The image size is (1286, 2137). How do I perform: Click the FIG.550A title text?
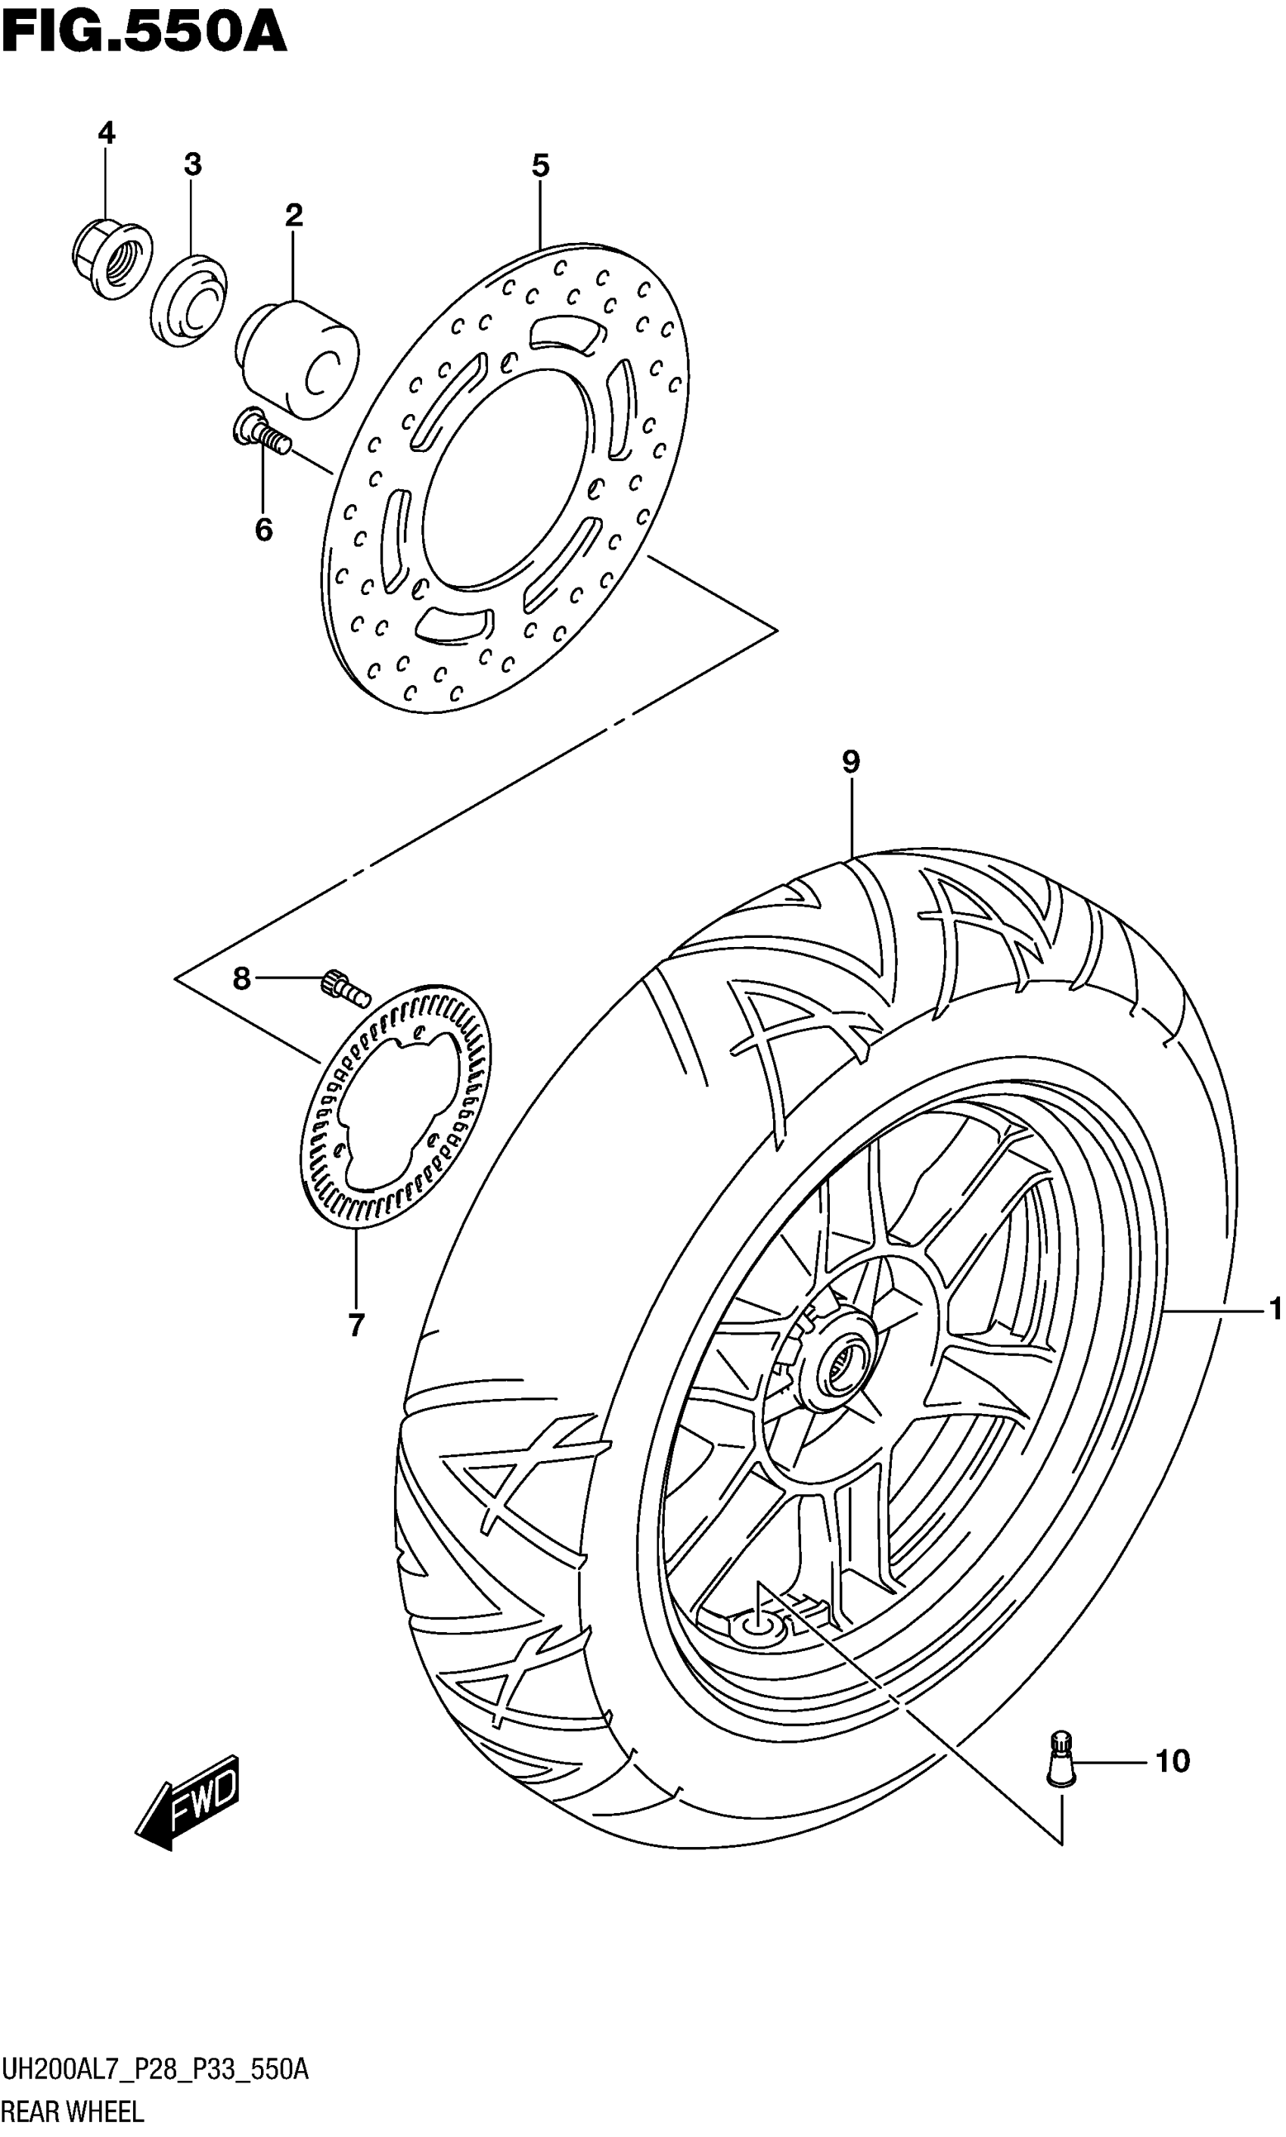click(x=144, y=35)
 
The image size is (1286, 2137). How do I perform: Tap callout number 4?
click(x=106, y=132)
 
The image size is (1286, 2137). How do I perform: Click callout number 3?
click(x=192, y=164)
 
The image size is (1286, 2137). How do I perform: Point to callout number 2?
click(x=294, y=215)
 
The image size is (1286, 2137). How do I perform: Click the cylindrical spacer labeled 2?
click(x=299, y=358)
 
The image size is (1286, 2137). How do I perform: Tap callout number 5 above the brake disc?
click(x=540, y=165)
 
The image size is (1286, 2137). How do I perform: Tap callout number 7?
click(x=356, y=1325)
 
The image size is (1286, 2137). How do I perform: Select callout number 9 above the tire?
click(x=850, y=762)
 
